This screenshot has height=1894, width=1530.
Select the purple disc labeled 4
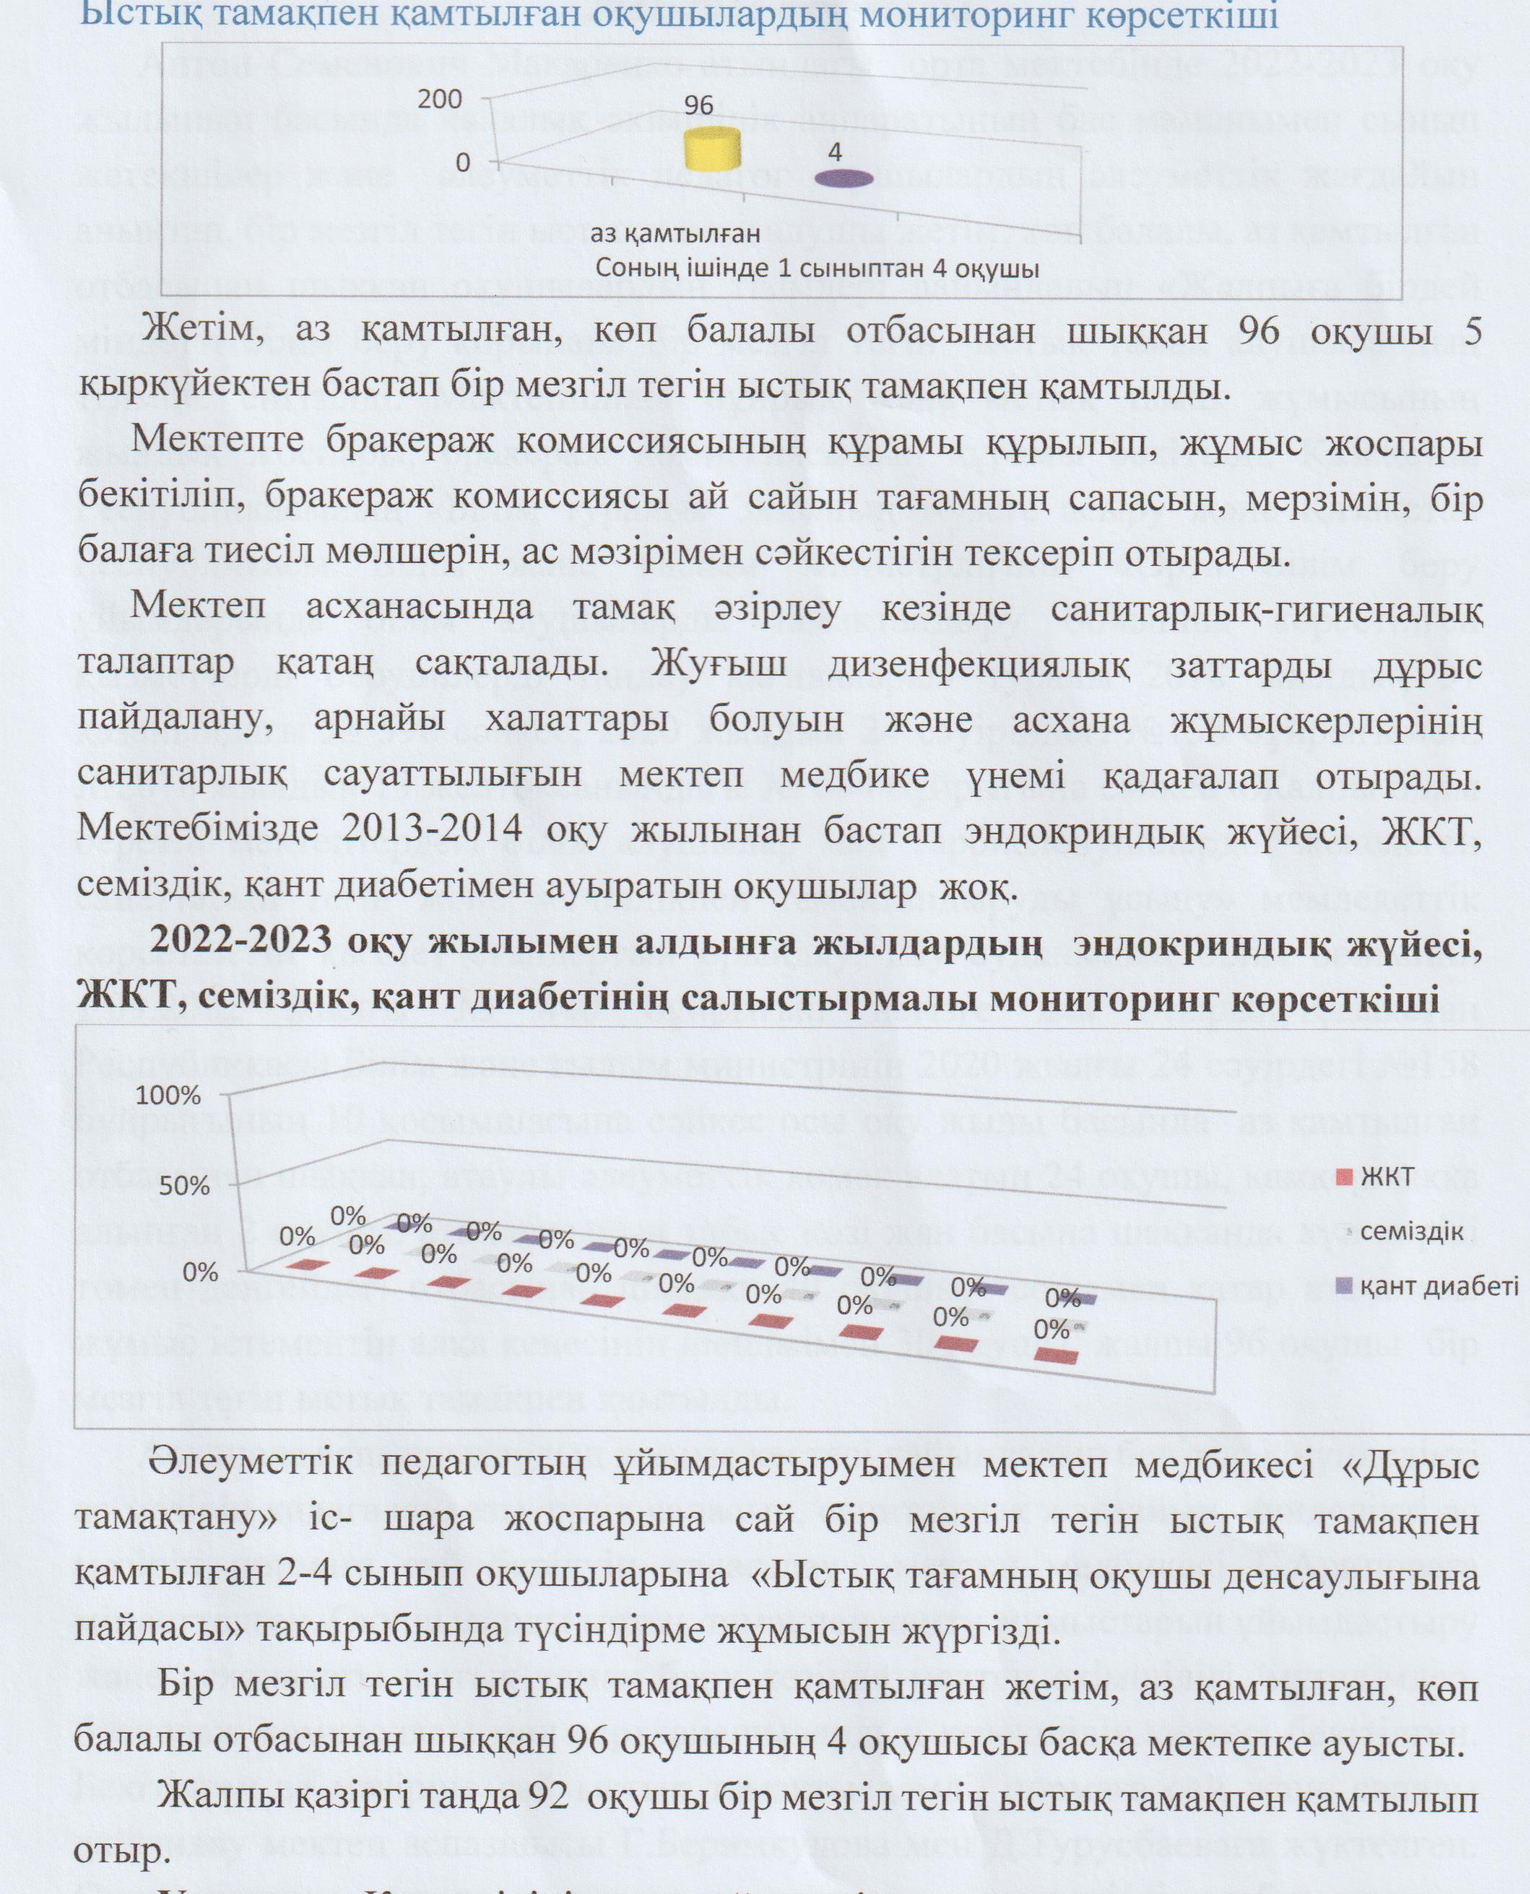844,179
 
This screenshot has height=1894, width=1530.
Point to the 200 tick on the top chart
440,100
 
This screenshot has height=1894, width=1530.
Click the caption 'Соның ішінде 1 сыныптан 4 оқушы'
818,268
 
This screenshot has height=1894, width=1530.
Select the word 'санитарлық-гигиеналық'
1286,609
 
